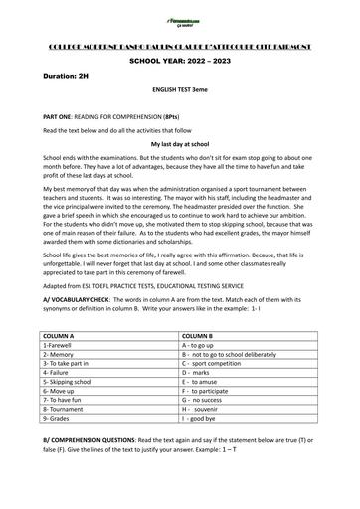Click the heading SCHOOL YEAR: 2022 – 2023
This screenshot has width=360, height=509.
[x=179, y=61]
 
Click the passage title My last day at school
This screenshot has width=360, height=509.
[x=180, y=143]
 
